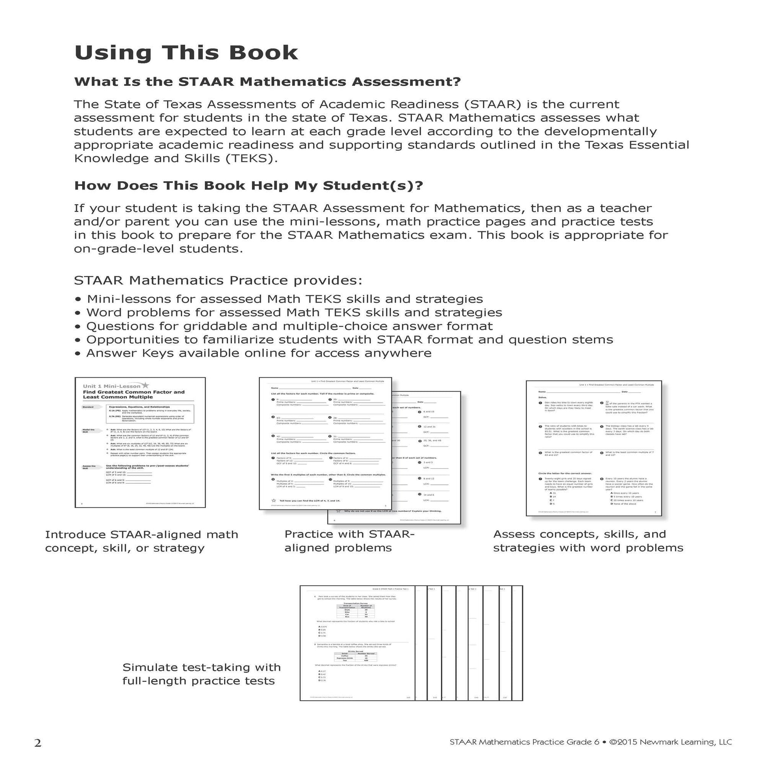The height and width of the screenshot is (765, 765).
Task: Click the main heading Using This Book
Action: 186,53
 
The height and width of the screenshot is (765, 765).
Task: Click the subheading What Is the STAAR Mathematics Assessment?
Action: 267,82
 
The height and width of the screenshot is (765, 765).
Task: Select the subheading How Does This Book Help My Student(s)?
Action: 249,186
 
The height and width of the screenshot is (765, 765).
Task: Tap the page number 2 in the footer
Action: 38,743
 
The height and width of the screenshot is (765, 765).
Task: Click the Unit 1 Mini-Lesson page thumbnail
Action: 140,442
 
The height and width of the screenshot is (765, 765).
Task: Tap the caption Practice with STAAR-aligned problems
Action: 349,541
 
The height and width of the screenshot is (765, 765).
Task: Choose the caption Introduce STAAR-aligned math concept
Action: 142,541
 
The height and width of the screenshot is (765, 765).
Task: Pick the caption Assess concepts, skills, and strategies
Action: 588,541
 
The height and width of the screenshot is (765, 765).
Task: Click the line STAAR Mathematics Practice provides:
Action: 218,280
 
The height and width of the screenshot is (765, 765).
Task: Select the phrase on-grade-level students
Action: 158,249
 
